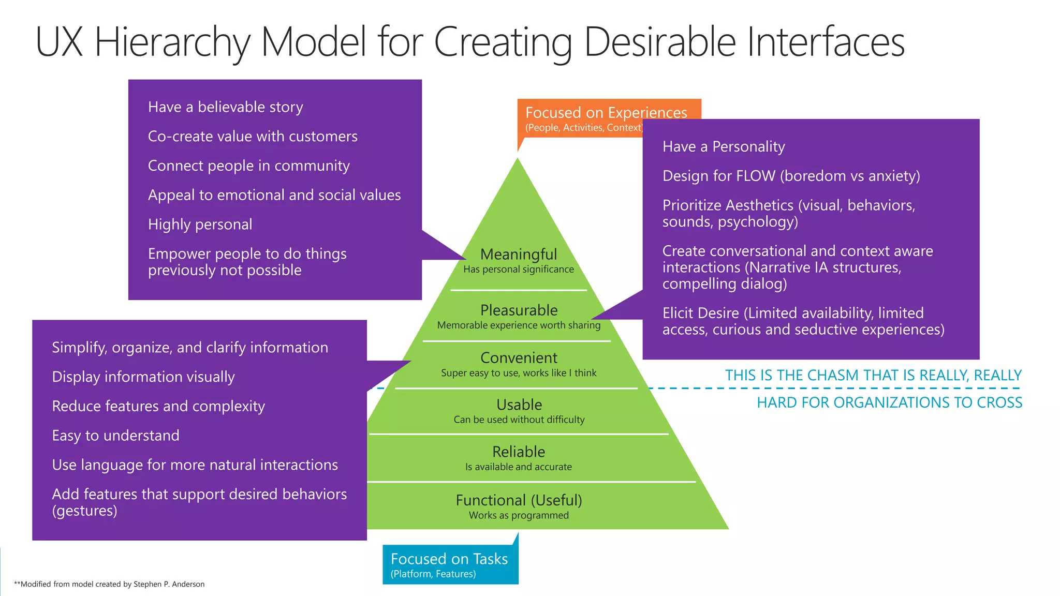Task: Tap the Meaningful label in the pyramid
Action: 519,254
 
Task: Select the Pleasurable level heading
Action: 519,310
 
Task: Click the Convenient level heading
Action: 519,357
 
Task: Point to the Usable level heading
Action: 519,405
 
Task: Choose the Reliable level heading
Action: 519,452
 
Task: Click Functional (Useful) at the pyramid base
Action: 519,500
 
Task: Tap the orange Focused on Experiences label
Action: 606,113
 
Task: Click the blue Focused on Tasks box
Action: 449,564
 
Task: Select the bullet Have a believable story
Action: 225,107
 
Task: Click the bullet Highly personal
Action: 200,225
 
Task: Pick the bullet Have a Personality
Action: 723,147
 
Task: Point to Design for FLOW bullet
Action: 791,176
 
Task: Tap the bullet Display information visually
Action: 143,377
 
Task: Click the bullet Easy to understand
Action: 115,436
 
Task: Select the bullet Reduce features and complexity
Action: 158,406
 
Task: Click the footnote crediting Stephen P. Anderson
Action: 109,584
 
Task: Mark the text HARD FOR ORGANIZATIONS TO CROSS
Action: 889,403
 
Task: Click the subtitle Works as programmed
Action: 519,515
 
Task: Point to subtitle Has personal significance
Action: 519,269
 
